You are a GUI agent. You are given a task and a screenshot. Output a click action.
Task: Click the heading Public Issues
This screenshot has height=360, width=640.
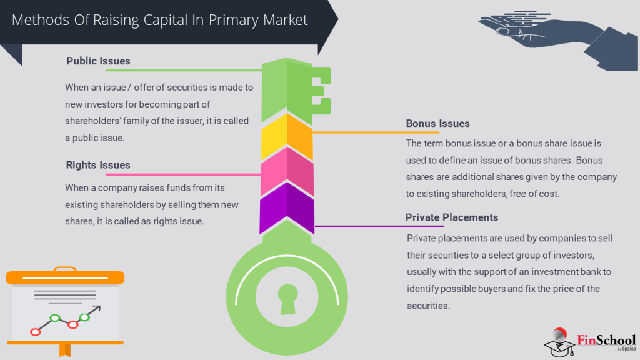98,61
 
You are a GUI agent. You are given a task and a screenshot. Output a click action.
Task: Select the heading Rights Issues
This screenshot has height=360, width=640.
98,165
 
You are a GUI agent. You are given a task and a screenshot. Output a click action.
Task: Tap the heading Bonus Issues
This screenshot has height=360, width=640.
437,124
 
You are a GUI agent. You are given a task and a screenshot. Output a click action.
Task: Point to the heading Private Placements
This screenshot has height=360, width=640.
452,217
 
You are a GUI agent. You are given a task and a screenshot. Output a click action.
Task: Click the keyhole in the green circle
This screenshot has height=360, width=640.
288,298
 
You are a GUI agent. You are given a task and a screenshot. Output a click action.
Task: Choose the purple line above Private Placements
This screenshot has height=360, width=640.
379,226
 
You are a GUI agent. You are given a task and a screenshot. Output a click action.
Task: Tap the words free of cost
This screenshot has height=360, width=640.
528,194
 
